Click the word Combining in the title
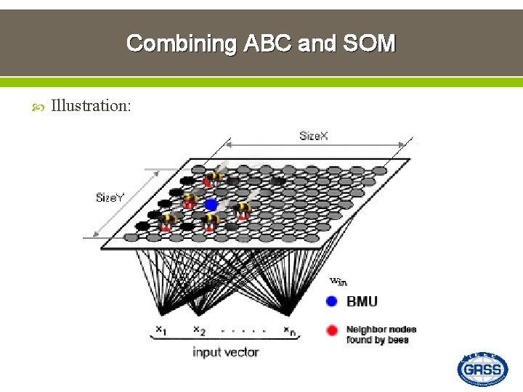tap(182, 44)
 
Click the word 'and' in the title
tap(317, 44)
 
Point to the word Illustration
tap(91, 106)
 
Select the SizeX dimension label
tap(314, 136)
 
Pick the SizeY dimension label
tap(110, 197)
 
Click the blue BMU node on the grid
tap(211, 205)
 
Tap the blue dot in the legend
tap(331, 301)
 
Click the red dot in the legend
tap(331, 331)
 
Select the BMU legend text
tap(362, 301)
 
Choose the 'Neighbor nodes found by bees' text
tap(381, 334)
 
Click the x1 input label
tap(159, 330)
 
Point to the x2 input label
tap(198, 330)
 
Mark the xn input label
tap(288, 330)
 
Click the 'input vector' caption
tap(225, 352)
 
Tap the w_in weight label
tap(338, 282)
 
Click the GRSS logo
tap(482, 369)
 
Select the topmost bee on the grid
tap(214, 177)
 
